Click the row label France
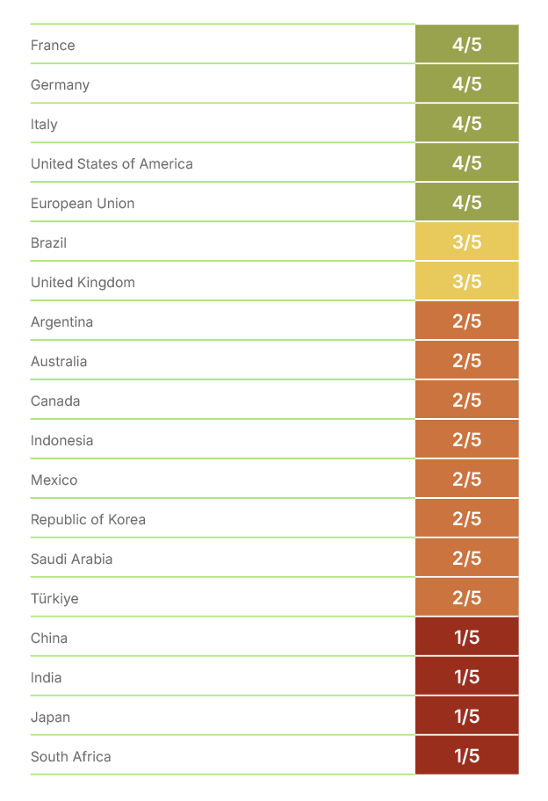(x=53, y=45)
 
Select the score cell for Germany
(x=466, y=84)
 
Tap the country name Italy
(x=44, y=124)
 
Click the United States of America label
(x=112, y=163)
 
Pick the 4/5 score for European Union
(x=466, y=203)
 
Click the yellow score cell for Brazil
(x=466, y=242)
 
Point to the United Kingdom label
(x=83, y=282)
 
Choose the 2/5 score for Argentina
(x=466, y=321)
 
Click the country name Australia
(x=59, y=361)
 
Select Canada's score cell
(x=466, y=400)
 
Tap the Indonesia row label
(x=61, y=440)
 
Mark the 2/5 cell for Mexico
(x=466, y=480)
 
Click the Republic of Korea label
(x=88, y=519)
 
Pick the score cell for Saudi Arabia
(x=466, y=559)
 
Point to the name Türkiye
(x=54, y=598)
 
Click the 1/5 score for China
(x=466, y=638)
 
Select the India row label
(x=46, y=677)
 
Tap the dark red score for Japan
(x=466, y=717)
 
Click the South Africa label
(x=70, y=756)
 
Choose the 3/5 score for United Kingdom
(x=466, y=282)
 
